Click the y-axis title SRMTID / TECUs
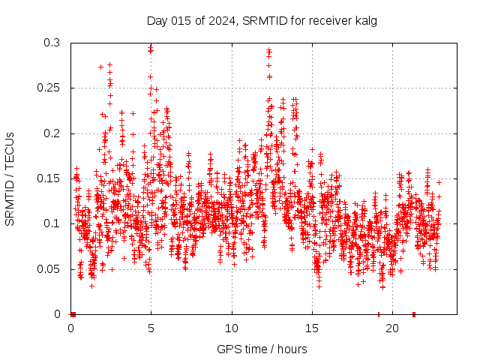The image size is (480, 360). point(10,179)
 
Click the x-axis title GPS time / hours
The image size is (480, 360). point(262,349)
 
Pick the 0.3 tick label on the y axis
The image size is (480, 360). point(51,43)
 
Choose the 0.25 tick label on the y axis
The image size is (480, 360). point(48,88)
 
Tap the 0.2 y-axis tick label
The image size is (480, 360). point(51,133)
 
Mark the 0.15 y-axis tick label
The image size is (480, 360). point(48,178)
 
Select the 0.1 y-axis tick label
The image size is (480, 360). point(51,223)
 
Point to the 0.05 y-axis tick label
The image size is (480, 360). point(48,268)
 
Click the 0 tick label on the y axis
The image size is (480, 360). point(58,313)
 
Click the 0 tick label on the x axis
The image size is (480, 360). point(71,328)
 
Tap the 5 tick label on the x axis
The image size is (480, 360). point(151,328)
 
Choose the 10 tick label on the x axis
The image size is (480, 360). point(232,328)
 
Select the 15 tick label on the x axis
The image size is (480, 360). point(312,328)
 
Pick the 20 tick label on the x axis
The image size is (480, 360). point(392,328)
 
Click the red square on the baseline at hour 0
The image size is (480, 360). point(73,313)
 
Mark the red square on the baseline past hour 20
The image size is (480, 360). point(413,313)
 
